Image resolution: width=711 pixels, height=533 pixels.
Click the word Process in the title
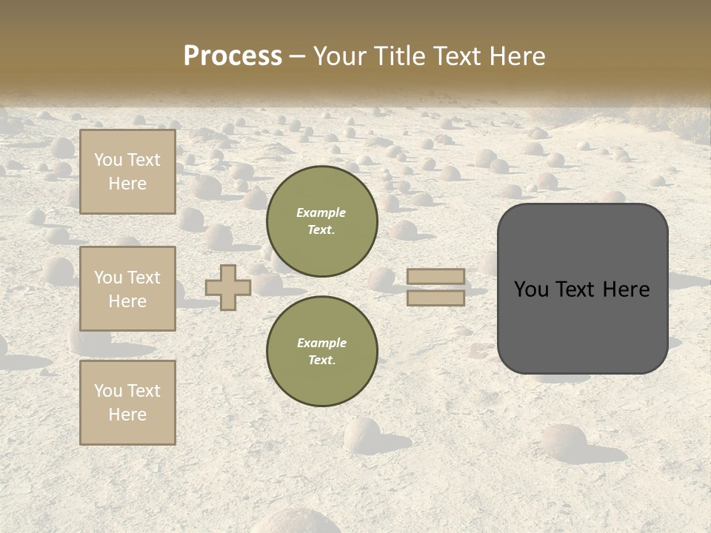(x=233, y=56)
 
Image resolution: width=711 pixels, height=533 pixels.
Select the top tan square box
(x=127, y=172)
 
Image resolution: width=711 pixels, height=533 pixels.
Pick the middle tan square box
(x=127, y=289)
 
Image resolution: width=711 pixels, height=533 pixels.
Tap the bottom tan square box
(x=127, y=402)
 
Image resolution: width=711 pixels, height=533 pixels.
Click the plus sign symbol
(x=228, y=287)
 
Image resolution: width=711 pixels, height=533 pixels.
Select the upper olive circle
(x=321, y=221)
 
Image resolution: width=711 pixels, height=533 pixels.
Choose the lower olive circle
(x=321, y=351)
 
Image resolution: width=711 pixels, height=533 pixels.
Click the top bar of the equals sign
(x=436, y=276)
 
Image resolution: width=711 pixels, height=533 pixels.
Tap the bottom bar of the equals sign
(x=436, y=298)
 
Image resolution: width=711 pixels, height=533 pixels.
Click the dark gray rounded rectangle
(x=582, y=289)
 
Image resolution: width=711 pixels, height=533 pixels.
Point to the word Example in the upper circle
(x=321, y=212)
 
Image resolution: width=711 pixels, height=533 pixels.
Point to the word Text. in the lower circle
(x=321, y=360)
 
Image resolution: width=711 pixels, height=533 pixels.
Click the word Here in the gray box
(x=626, y=289)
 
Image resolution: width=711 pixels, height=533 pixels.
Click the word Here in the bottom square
(x=127, y=415)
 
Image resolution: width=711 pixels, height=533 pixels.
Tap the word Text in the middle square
(x=144, y=278)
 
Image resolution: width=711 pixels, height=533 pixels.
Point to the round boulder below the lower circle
(x=362, y=435)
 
